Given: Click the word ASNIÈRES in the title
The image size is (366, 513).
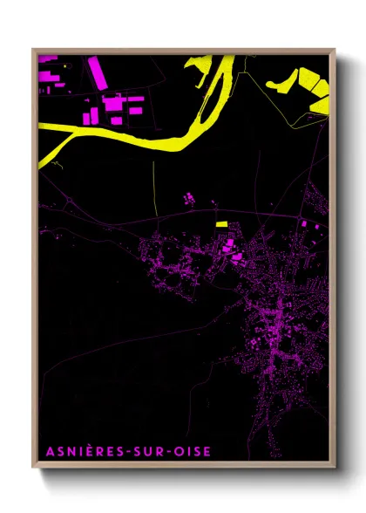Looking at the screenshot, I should pyautogui.click(x=71, y=451).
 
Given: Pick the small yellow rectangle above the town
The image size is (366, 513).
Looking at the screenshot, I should pyautogui.click(x=222, y=224).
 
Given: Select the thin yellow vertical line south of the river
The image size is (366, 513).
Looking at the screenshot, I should pyautogui.click(x=153, y=188).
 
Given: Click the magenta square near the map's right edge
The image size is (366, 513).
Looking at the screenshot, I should pyautogui.click(x=304, y=224).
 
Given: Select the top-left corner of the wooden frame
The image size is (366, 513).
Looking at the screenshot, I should pyautogui.click(x=33, y=50).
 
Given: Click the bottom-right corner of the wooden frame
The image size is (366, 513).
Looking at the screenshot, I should pyautogui.click(x=335, y=469).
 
